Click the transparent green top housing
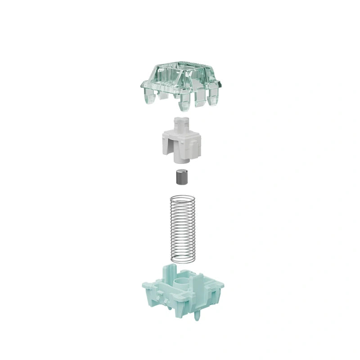(x=180, y=81)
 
